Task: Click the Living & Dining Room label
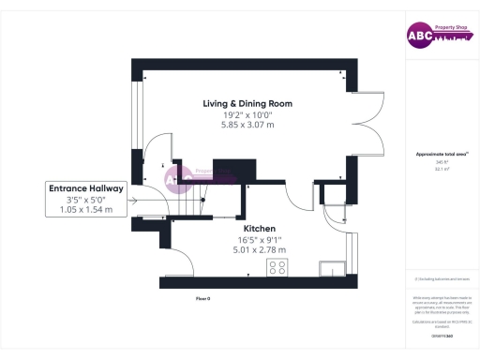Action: click(x=247, y=103)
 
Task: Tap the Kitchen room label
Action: click(x=259, y=228)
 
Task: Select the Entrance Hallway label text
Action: click(x=86, y=188)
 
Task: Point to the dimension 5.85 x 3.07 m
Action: click(x=247, y=125)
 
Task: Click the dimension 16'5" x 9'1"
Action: click(x=259, y=239)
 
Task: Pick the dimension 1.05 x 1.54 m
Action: click(x=86, y=210)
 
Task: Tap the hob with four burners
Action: click(x=277, y=268)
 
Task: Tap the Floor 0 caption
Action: click(x=202, y=297)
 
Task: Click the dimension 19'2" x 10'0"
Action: click(x=247, y=114)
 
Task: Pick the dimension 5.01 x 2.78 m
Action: click(x=259, y=249)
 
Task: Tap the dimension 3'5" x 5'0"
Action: click(x=86, y=200)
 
